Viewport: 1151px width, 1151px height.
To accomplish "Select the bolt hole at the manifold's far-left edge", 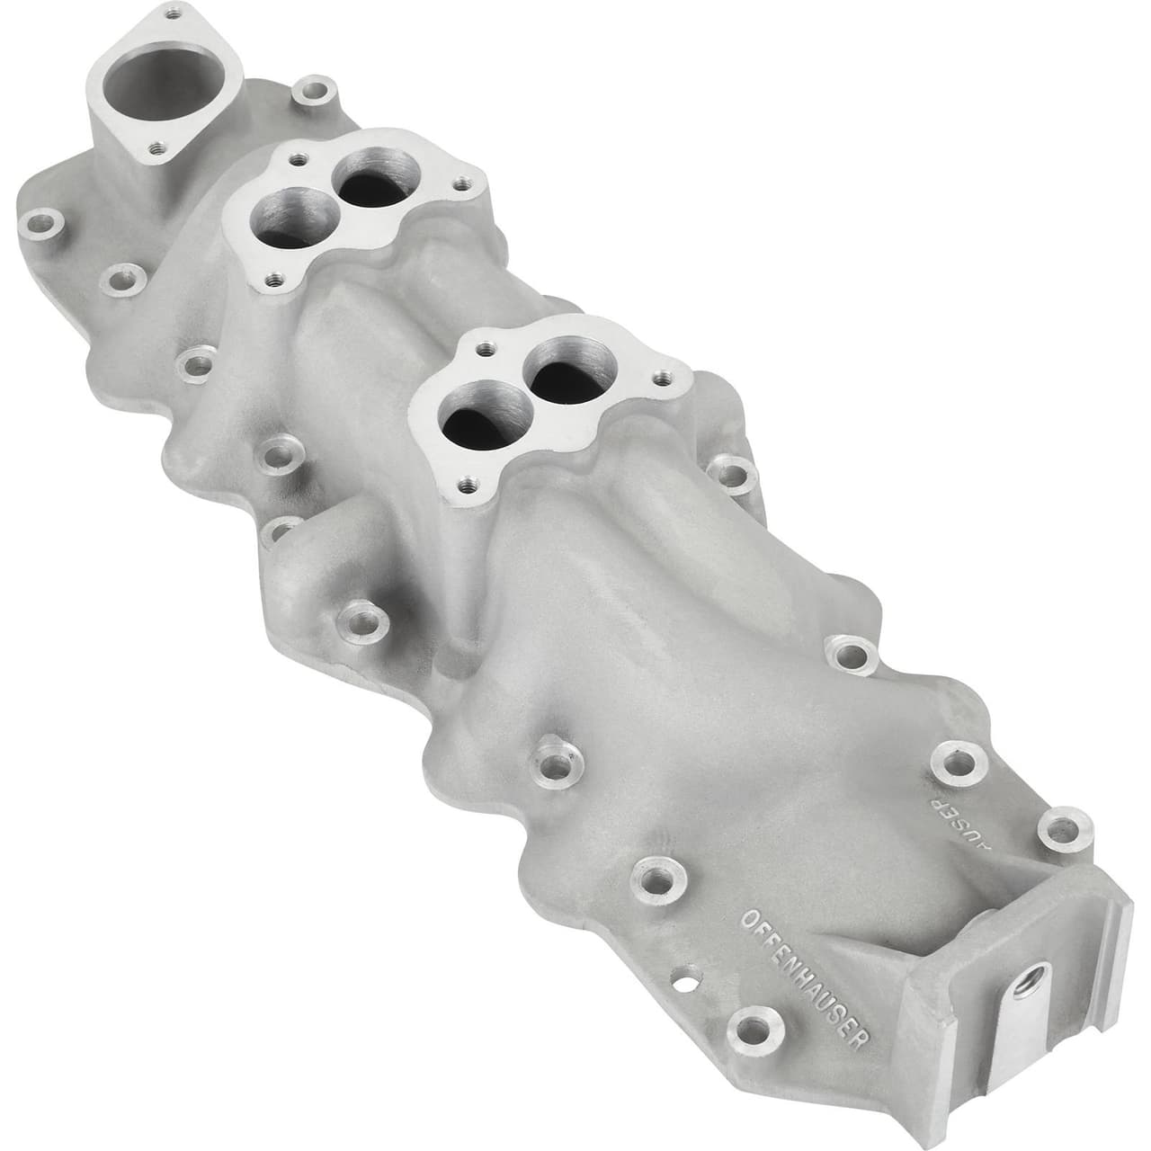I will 40,221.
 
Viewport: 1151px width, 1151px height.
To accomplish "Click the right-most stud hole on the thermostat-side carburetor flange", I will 461,183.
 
